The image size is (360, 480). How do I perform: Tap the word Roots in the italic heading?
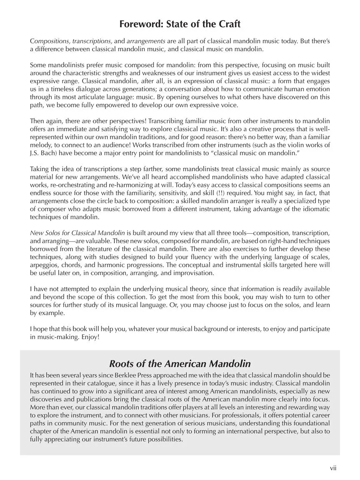click(x=123, y=363)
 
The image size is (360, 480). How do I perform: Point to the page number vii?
click(x=333, y=468)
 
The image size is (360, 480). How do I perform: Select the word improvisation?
click(x=194, y=273)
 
